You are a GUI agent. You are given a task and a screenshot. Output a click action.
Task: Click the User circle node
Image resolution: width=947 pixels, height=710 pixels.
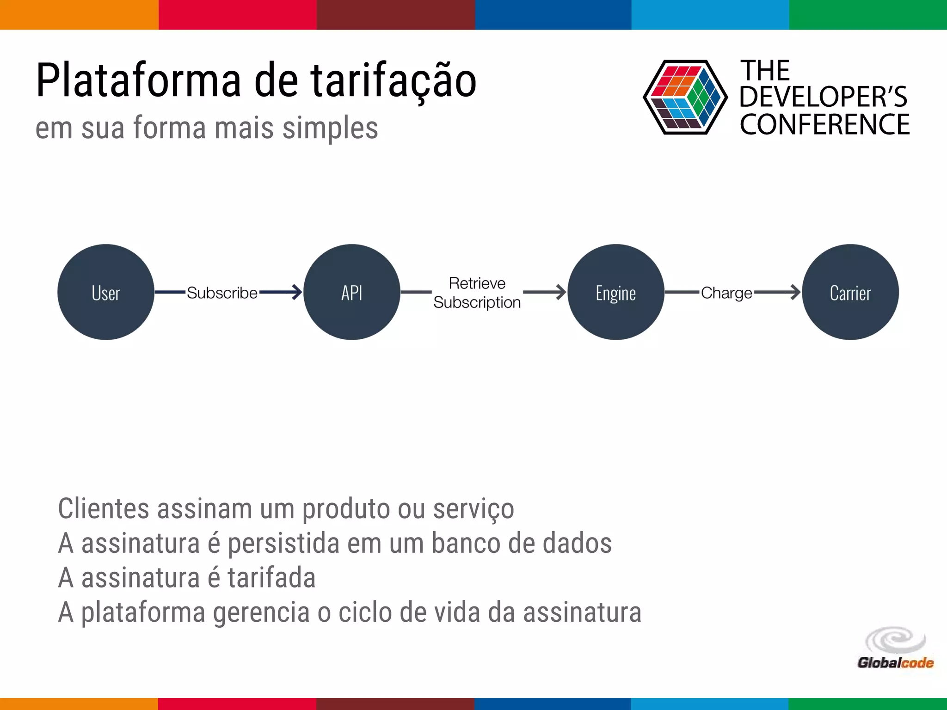point(106,292)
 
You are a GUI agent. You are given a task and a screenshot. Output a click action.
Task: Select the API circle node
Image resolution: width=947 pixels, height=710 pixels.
point(352,292)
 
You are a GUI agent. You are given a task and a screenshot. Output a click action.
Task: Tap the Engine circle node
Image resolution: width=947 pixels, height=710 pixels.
point(615,292)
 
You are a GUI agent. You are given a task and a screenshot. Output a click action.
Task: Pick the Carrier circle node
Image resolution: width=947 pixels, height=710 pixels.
point(850,292)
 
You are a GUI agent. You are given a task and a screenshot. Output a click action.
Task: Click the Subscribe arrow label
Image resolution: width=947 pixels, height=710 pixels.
point(222,293)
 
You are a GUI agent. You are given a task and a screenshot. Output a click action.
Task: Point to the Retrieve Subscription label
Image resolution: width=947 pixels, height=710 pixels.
point(477,293)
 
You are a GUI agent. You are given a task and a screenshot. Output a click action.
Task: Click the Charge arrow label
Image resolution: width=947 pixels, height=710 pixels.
point(726,293)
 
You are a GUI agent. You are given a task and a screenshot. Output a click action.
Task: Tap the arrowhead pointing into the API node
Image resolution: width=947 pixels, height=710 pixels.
point(296,292)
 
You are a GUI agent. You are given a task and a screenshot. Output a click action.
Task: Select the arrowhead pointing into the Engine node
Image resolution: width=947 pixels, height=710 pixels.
point(560,292)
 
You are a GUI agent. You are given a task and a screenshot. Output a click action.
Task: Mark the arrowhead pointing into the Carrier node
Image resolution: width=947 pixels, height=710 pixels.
point(794,292)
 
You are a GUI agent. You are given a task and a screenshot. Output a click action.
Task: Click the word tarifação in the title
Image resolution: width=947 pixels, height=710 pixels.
point(393,81)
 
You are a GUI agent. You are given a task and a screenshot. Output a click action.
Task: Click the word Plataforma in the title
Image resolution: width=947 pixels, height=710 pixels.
point(139,80)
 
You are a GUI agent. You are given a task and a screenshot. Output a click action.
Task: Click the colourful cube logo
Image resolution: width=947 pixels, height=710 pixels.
point(685,97)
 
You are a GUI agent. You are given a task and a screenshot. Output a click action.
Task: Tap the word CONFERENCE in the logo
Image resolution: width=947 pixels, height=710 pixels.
point(824,125)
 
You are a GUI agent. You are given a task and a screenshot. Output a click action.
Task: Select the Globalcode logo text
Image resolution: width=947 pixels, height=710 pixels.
point(895,663)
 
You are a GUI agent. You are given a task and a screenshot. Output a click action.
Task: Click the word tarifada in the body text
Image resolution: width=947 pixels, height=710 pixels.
point(271,578)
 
